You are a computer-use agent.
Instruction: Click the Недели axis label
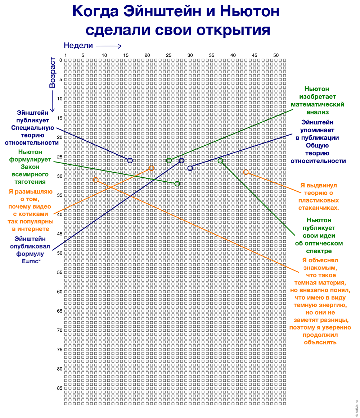78,45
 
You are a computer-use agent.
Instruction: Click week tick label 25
168,55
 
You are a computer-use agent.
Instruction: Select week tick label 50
276,55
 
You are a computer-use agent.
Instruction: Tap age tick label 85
60,388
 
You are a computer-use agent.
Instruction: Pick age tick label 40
60,214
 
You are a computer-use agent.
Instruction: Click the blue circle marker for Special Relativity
130,160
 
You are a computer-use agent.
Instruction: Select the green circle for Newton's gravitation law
177,184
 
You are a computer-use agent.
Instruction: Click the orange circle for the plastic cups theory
246,172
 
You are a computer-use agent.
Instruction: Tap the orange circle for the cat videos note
152,168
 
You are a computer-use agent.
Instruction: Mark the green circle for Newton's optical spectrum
220,161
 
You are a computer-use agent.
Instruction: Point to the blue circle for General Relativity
190,168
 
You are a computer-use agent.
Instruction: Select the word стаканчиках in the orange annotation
319,208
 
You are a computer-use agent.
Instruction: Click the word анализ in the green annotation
318,112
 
